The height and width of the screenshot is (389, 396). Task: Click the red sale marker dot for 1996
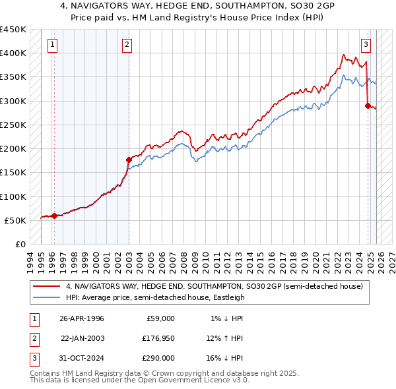tap(54, 216)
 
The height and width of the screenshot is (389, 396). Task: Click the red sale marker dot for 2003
tap(129, 159)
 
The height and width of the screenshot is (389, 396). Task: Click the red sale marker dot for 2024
tap(368, 105)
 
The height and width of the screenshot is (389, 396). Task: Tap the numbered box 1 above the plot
tap(52, 45)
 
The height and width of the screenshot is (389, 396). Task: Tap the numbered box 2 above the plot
tap(127, 45)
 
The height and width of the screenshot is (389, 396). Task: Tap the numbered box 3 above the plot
tap(366, 45)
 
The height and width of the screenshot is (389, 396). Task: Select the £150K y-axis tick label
tap(13, 173)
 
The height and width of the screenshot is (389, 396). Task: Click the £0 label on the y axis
tap(19, 244)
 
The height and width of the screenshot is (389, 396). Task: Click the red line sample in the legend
tap(47, 287)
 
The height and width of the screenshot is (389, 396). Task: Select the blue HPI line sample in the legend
tap(47, 297)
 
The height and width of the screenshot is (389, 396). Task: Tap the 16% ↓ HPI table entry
tap(224, 358)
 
